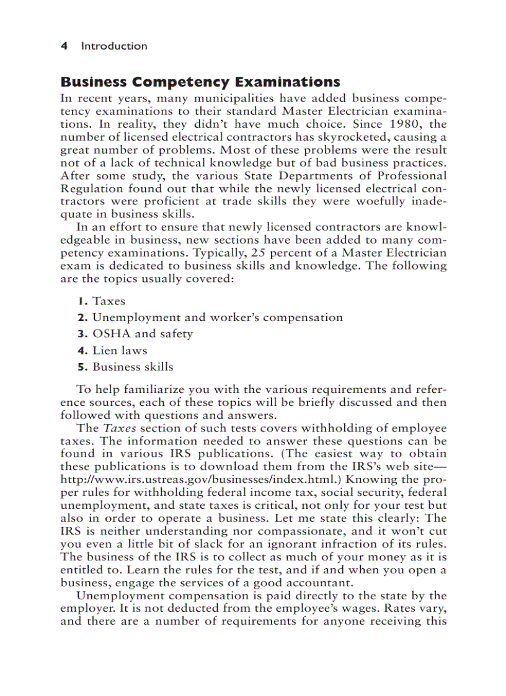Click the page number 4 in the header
pyautogui.click(x=63, y=46)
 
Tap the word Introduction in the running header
pyautogui.click(x=114, y=46)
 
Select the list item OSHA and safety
pyautogui.click(x=142, y=333)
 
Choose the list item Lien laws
pyautogui.click(x=120, y=350)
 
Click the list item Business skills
pyautogui.click(x=133, y=366)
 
